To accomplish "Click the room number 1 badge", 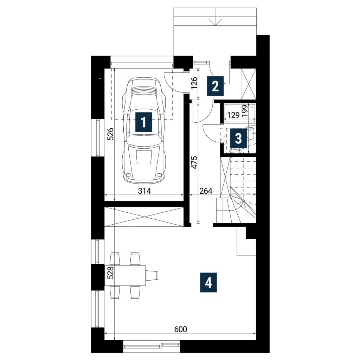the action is click(144, 122).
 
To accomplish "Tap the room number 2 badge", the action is click(215, 86).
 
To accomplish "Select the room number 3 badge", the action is click(238, 138).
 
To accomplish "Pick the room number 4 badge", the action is click(208, 282).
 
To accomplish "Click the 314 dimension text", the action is click(144, 191).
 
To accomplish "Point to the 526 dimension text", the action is click(110, 134).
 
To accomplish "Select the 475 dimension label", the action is click(194, 162).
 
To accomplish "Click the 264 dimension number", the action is click(206, 191).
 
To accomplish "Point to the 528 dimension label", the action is click(110, 272).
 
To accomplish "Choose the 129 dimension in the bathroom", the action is click(233, 115).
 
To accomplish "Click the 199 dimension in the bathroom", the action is click(245, 111).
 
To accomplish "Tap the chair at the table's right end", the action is click(152, 275).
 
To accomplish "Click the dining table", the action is click(126, 275).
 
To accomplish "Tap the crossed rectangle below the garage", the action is click(144, 217).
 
